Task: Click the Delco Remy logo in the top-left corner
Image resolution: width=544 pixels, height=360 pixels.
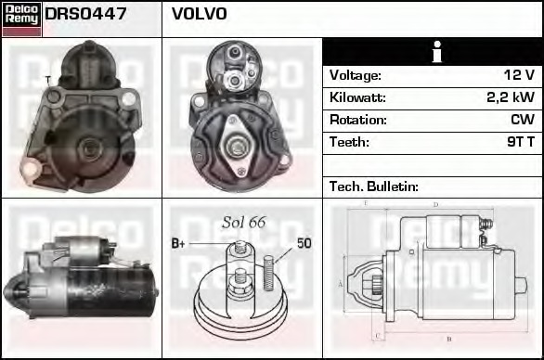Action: point(21,17)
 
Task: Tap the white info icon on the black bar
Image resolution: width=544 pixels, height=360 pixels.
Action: point(432,52)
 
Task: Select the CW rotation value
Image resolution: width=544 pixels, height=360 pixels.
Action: point(521,120)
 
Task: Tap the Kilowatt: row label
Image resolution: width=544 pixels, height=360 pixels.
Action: point(357,97)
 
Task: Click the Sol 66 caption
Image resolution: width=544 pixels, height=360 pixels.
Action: point(244,222)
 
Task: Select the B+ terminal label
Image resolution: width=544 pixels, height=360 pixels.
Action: point(178,243)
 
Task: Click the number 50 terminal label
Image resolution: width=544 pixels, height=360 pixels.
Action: point(304,243)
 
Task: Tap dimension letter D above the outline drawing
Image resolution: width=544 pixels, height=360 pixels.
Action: point(434,205)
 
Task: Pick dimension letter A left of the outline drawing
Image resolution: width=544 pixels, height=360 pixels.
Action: point(341,282)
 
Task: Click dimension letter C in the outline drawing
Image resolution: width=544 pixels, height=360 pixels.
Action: point(375,335)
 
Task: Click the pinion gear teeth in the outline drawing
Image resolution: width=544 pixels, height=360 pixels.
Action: point(375,281)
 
